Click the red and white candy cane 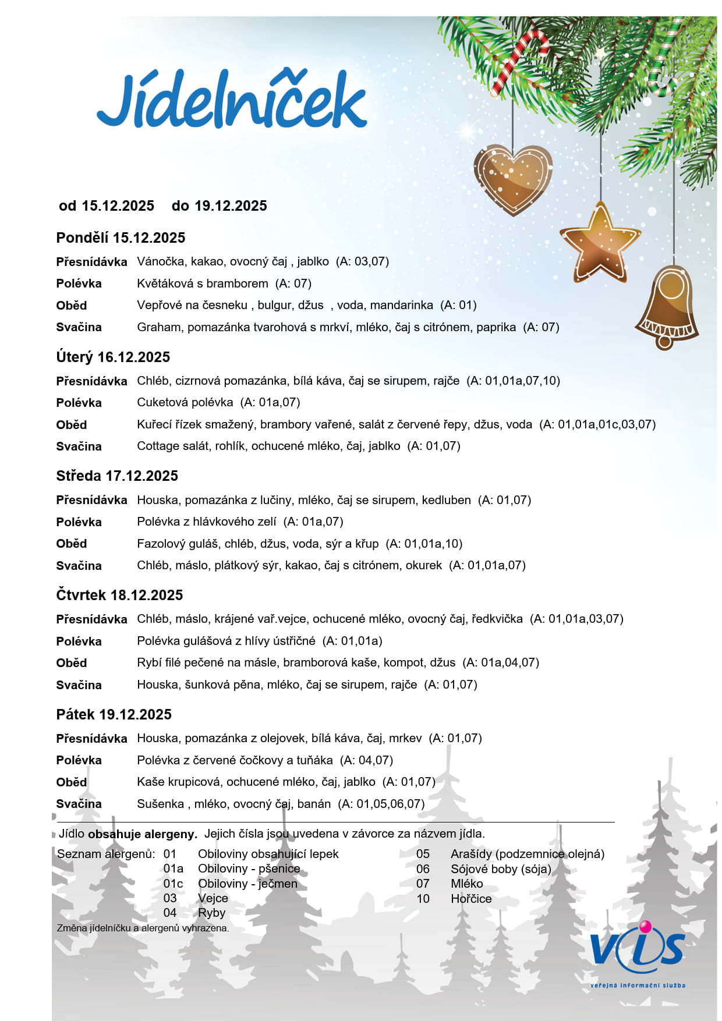518,61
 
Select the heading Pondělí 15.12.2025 121,238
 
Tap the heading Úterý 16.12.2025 113,357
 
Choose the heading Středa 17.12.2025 117,476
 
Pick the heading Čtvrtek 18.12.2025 119,595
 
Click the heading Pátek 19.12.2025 114,714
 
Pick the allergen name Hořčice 471,899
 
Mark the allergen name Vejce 213,898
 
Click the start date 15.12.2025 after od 118,206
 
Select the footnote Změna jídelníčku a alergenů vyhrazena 143,928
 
